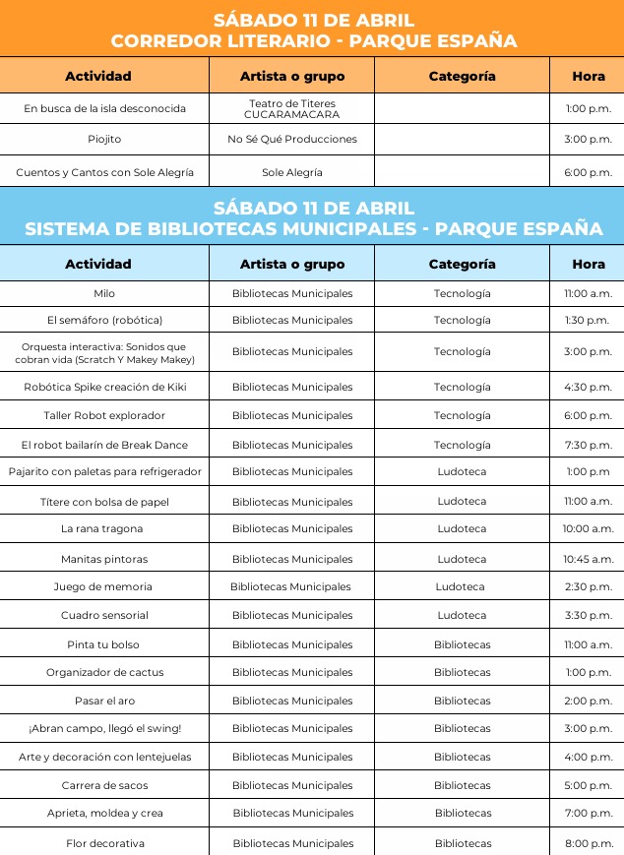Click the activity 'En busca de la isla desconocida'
104,108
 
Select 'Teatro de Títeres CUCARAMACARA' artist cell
291,108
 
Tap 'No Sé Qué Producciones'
291,140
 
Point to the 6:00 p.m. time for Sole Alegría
589,172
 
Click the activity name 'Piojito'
104,140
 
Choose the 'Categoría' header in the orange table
462,76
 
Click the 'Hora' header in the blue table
589,264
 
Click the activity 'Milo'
104,293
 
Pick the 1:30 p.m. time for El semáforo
589,320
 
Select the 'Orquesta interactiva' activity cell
104,352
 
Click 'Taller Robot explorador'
104,415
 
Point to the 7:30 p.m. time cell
589,445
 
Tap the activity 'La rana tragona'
104,529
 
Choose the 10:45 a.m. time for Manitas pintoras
589,559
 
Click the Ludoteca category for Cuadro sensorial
462,615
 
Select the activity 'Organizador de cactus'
104,673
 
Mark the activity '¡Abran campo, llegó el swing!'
104,729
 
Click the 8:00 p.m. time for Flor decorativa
589,843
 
